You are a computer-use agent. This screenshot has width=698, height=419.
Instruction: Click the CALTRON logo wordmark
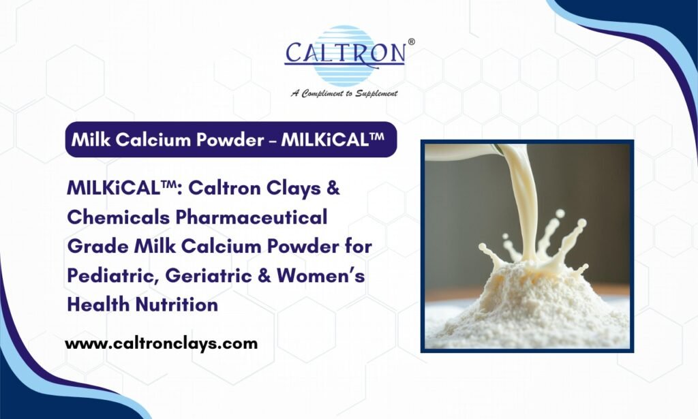point(344,53)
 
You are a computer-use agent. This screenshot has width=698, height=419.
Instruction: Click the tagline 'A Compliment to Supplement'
point(344,93)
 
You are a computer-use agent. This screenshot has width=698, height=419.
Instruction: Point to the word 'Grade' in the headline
point(96,247)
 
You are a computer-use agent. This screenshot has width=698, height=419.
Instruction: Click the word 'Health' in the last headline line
point(95,305)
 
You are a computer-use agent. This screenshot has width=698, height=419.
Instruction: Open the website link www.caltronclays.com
point(162,343)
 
